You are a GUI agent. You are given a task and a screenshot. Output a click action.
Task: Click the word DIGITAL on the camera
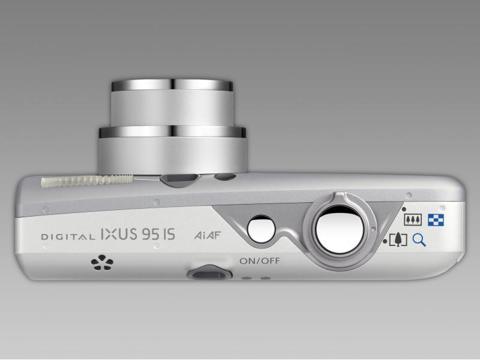pyautogui.click(x=68, y=236)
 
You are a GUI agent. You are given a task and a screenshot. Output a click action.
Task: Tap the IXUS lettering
pyautogui.click(x=119, y=234)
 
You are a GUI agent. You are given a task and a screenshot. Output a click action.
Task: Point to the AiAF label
pyautogui.click(x=207, y=235)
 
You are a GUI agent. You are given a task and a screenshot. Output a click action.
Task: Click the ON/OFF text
pyautogui.click(x=260, y=261)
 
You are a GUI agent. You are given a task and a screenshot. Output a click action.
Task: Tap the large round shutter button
pyautogui.click(x=340, y=230)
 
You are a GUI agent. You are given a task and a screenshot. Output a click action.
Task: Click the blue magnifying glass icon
pyautogui.click(x=419, y=239)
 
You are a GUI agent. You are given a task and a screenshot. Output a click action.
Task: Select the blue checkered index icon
pyautogui.click(x=436, y=220)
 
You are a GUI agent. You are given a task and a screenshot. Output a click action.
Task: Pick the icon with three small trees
pyautogui.click(x=413, y=220)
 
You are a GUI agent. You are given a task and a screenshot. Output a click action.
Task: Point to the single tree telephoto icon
pyautogui.click(x=398, y=240)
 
